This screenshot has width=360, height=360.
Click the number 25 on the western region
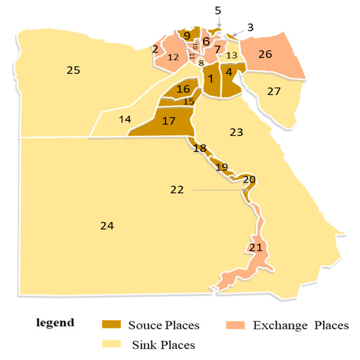(73, 70)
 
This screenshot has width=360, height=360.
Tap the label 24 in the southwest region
(107, 226)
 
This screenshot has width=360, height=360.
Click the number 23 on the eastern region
(237, 132)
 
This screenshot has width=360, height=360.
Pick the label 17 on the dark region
(168, 121)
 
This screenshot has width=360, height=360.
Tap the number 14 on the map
(124, 120)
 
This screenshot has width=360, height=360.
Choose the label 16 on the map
(183, 89)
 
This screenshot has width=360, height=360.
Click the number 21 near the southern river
(256, 248)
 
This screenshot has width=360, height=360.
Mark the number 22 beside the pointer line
(177, 190)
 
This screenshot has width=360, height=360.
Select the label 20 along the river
(249, 179)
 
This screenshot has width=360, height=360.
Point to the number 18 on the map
(200, 149)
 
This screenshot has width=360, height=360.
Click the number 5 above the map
(218, 10)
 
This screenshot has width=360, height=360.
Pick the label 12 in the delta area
(173, 58)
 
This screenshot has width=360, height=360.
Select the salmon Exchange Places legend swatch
(234, 324)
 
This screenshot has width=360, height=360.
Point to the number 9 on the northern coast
(187, 35)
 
